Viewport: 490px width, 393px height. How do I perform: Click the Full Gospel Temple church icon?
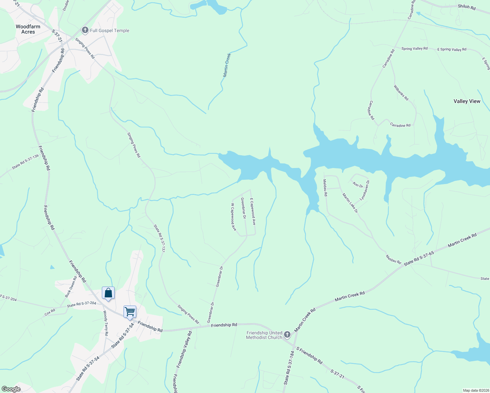point(85,30)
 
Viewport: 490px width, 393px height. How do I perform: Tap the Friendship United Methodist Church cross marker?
point(287,334)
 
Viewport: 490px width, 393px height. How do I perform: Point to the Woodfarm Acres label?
point(28,29)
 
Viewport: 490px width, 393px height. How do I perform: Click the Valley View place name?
point(467,101)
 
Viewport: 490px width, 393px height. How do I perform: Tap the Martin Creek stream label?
point(227,65)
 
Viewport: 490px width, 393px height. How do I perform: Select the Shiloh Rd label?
point(466,7)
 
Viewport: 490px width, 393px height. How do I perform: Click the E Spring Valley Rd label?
point(452,49)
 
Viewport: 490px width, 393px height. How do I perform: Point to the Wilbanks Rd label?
point(401,93)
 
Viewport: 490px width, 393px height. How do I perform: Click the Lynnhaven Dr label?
point(365,190)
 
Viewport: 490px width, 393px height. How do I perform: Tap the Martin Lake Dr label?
point(350,203)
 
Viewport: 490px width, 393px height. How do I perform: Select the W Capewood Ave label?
point(233,217)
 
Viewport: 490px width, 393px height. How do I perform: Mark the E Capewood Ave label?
point(253,211)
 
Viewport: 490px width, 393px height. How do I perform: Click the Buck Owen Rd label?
point(71,287)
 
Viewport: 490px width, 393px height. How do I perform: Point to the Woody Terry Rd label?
point(105,323)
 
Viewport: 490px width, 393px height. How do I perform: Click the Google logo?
point(11,389)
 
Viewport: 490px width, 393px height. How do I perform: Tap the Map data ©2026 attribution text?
point(476,390)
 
